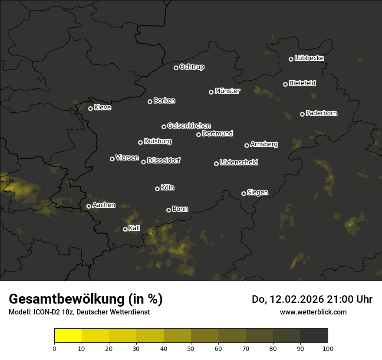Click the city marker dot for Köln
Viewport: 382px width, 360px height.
point(158,189)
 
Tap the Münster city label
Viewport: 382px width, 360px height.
point(227,91)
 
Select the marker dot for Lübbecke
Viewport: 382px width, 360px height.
point(291,59)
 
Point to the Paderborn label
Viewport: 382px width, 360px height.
point(321,113)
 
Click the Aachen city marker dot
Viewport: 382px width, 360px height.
point(89,206)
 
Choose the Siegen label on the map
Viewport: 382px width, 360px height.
point(257,193)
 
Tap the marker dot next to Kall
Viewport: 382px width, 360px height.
point(125,229)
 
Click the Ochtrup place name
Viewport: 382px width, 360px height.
point(191,67)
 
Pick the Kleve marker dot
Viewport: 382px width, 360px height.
point(90,108)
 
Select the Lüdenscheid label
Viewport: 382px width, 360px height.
point(239,163)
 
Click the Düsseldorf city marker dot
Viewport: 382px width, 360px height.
point(144,162)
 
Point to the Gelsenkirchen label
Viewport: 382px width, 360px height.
point(189,126)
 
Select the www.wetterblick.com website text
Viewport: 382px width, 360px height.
point(313,312)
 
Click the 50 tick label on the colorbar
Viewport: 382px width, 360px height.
point(191,348)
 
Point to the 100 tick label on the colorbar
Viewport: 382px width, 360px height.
point(328,348)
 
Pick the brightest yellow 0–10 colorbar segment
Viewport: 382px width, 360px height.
point(68,336)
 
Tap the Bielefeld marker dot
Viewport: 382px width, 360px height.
point(285,84)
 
